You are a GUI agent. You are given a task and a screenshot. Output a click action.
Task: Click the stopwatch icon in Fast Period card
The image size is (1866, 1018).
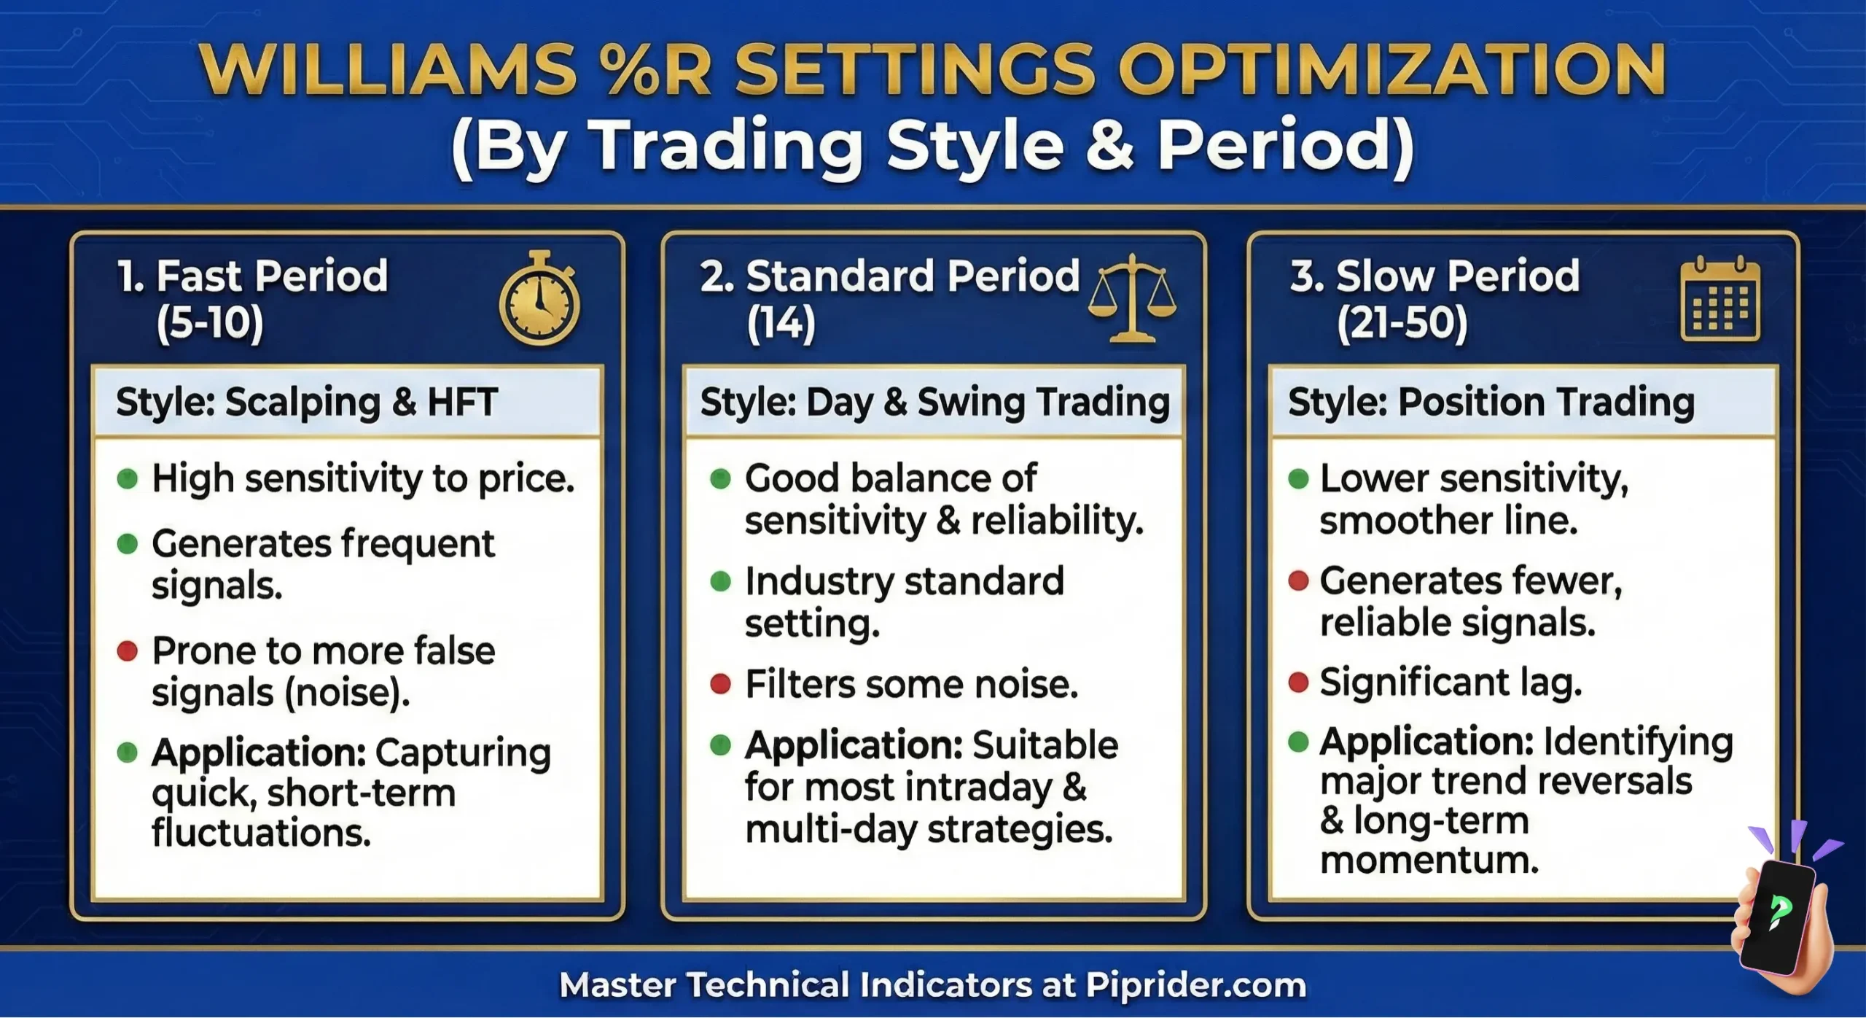pos(539,300)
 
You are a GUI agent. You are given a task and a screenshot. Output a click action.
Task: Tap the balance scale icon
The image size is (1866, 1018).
pos(1132,299)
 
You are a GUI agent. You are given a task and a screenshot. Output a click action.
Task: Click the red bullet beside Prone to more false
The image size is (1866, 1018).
pos(128,650)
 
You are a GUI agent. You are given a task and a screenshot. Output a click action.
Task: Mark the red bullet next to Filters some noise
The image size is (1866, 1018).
pos(720,684)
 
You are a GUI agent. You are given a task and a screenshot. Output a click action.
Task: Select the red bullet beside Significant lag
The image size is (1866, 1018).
pos(1298,683)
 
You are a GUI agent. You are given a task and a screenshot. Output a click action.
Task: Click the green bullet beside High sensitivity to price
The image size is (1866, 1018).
pos(128,479)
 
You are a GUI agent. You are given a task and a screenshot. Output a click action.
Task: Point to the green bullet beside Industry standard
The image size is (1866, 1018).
pos(720,581)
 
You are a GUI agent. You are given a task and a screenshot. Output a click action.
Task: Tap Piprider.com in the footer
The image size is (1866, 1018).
pos(1195,985)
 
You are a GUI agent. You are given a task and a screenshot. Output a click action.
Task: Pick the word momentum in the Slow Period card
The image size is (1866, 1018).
pos(1429,860)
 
